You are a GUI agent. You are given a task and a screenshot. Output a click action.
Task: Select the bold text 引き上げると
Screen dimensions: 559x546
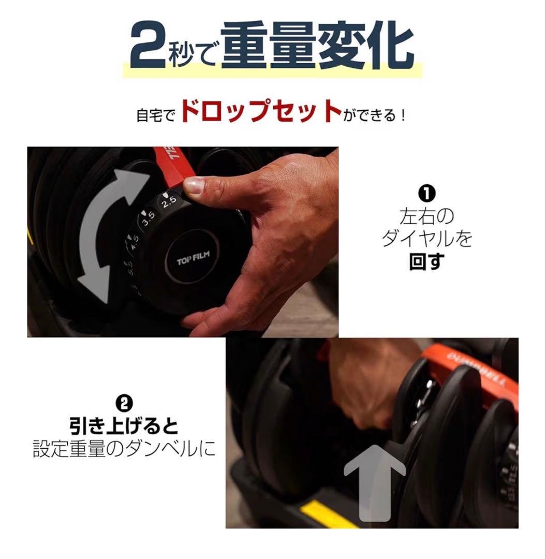[124, 426]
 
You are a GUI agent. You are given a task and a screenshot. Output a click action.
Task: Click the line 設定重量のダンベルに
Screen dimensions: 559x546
[124, 449]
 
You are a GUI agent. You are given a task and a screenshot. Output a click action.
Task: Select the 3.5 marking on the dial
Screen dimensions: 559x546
[147, 217]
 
